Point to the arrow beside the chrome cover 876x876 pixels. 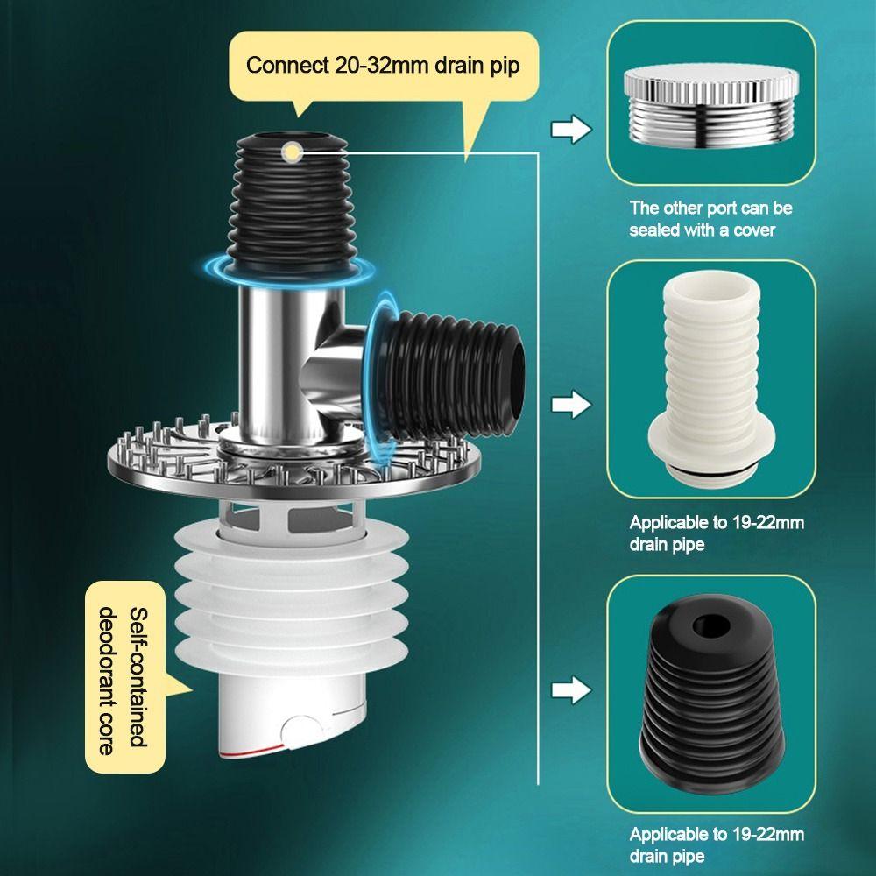pyautogui.click(x=570, y=131)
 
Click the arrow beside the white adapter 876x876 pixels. pyautogui.click(x=570, y=405)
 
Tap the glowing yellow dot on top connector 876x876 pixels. pyautogui.click(x=289, y=153)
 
